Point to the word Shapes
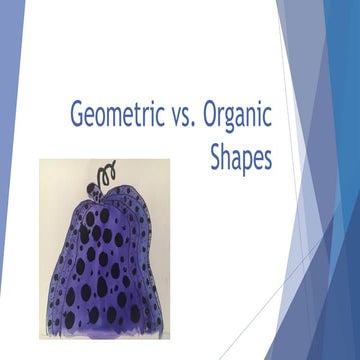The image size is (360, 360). point(241,157)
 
